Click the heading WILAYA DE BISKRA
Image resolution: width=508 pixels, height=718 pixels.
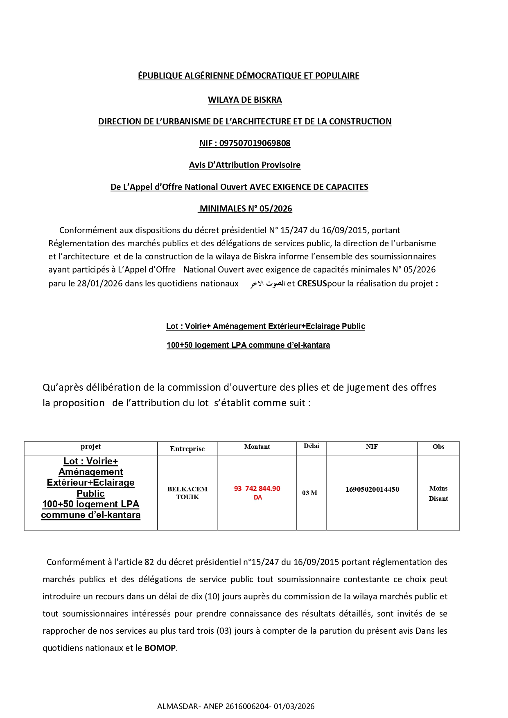(245, 100)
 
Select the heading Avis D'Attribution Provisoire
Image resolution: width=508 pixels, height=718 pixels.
(245, 165)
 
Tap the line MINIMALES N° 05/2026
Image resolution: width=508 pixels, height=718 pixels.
(246, 209)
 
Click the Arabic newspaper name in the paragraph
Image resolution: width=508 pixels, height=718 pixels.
(268, 284)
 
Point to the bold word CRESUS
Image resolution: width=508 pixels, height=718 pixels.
(312, 284)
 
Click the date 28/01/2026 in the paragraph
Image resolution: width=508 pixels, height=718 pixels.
(100, 284)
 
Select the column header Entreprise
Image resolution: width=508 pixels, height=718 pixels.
(187, 449)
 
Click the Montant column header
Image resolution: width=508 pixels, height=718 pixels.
(257, 447)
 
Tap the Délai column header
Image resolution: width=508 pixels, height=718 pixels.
(312, 446)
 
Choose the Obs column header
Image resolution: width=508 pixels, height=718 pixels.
(438, 447)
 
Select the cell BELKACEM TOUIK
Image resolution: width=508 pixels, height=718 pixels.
(187, 493)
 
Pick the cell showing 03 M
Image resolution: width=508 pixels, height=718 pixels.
(310, 493)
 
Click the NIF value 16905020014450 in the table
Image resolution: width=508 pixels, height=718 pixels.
(372, 489)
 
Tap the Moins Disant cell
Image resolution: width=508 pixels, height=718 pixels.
(438, 493)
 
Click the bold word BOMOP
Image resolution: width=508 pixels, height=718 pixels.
(160, 648)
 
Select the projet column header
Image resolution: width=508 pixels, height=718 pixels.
(90, 447)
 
